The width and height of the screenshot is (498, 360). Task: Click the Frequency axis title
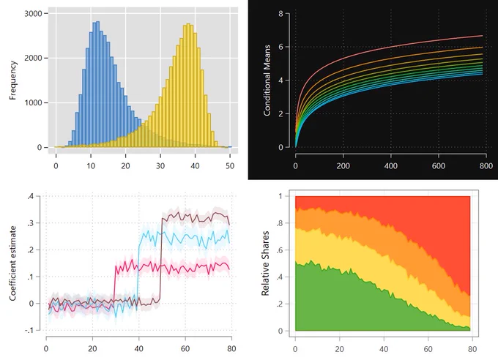pos(12,80)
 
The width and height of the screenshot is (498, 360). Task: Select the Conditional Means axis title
pos(267,80)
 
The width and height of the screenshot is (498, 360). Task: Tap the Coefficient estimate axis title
pos(12,263)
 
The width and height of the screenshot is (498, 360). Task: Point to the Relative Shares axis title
pos(265,263)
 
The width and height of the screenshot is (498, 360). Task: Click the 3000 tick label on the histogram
pos(34,14)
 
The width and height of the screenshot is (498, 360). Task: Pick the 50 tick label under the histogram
pos(230,165)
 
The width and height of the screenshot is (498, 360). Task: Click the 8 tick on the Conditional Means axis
pos(280,14)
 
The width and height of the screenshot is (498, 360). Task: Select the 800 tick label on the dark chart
pos(486,165)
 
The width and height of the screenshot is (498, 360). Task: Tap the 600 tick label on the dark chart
pos(439,165)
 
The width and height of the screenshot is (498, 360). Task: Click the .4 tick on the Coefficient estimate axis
pos(31,196)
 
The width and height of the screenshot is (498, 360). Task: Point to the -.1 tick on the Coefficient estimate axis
pos(29,331)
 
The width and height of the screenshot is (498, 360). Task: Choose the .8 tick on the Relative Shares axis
pos(280,223)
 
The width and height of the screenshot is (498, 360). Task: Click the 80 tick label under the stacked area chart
pos(472,349)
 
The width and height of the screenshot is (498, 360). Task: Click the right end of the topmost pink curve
pos(483,36)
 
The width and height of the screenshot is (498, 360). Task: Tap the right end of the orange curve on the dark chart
pos(483,48)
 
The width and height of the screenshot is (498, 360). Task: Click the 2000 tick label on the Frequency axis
pos(34,58)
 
